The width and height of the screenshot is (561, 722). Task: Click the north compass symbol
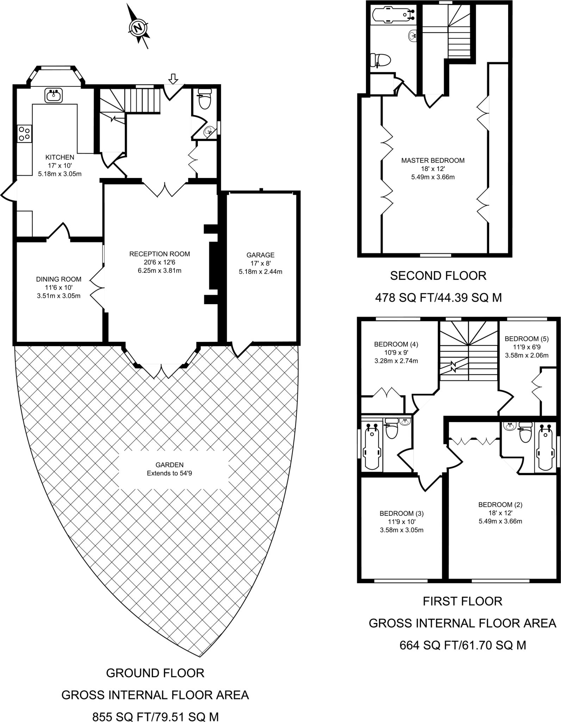(x=138, y=27)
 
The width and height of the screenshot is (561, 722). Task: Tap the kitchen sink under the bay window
(x=54, y=95)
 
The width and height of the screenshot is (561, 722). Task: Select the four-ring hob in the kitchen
(x=24, y=134)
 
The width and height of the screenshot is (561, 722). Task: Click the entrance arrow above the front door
(x=173, y=79)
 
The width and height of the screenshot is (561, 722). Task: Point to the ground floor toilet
(x=204, y=99)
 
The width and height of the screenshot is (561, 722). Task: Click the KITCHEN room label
(x=60, y=157)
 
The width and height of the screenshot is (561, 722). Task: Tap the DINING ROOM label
(x=58, y=279)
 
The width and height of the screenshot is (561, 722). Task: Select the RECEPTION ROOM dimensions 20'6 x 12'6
(x=159, y=262)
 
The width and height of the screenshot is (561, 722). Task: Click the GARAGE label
(x=260, y=255)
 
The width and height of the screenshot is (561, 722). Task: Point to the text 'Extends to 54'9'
(x=169, y=473)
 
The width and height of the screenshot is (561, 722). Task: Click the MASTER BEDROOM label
(x=433, y=160)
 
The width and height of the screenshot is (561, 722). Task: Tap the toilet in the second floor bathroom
(x=380, y=60)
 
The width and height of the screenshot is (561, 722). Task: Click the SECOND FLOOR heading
(x=438, y=276)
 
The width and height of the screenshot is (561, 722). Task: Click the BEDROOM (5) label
(x=526, y=339)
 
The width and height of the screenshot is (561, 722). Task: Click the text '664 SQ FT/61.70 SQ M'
(x=462, y=645)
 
